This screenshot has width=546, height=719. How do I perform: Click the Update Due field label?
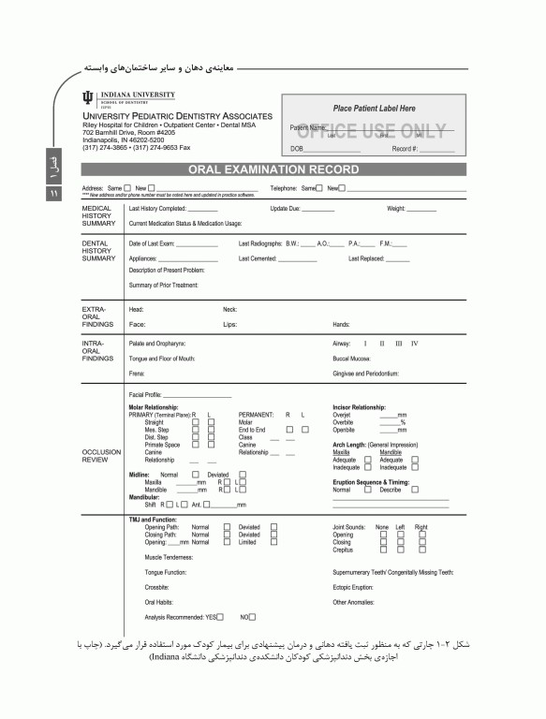285,209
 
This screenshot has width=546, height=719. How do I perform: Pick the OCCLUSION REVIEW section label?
102,456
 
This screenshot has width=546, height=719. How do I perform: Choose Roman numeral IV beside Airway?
414,344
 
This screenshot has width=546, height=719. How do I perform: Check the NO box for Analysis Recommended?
251,617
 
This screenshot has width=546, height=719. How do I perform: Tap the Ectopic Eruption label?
353,587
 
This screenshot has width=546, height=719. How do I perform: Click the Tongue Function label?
165,571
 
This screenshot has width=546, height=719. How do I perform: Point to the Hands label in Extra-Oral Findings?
341,324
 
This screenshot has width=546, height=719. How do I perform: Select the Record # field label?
405,149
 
